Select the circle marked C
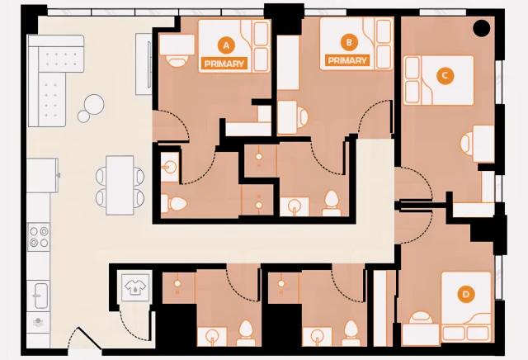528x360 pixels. coord(444,76)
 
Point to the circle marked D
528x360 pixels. coord(466,294)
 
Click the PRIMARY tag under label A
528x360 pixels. coord(224,63)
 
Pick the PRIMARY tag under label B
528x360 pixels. coord(347,60)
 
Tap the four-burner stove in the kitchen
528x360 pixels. coord(39,238)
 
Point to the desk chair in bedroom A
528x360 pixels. coord(176,59)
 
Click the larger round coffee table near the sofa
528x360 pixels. coord(94,103)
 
